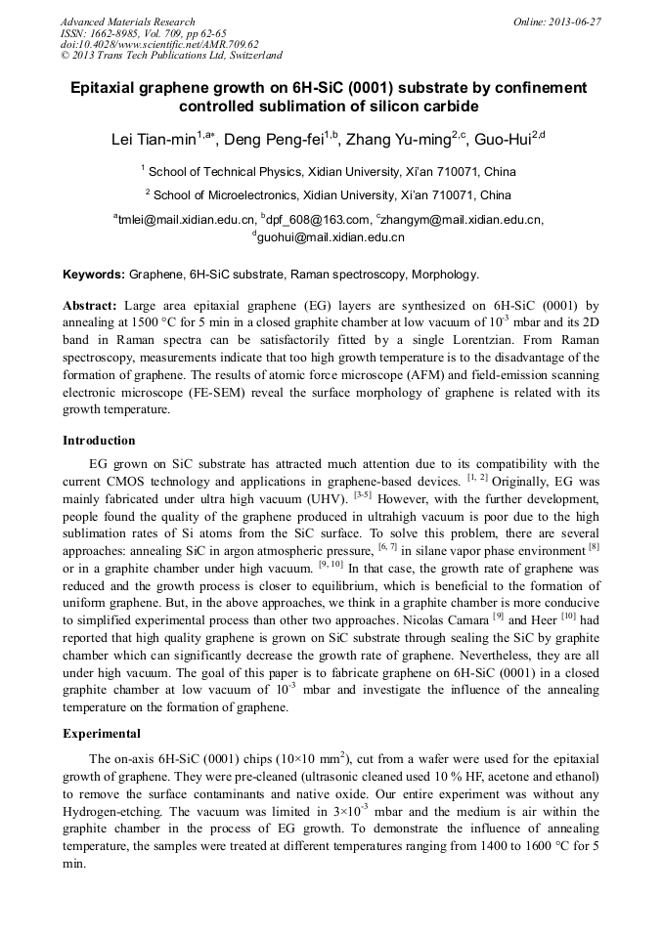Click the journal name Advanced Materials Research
point(127,21)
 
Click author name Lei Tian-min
point(154,140)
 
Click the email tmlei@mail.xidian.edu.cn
point(186,220)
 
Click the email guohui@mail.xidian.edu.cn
point(331,236)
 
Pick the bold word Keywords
point(93,275)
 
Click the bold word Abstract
point(89,305)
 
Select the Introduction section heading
point(99,441)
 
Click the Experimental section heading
point(102,734)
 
